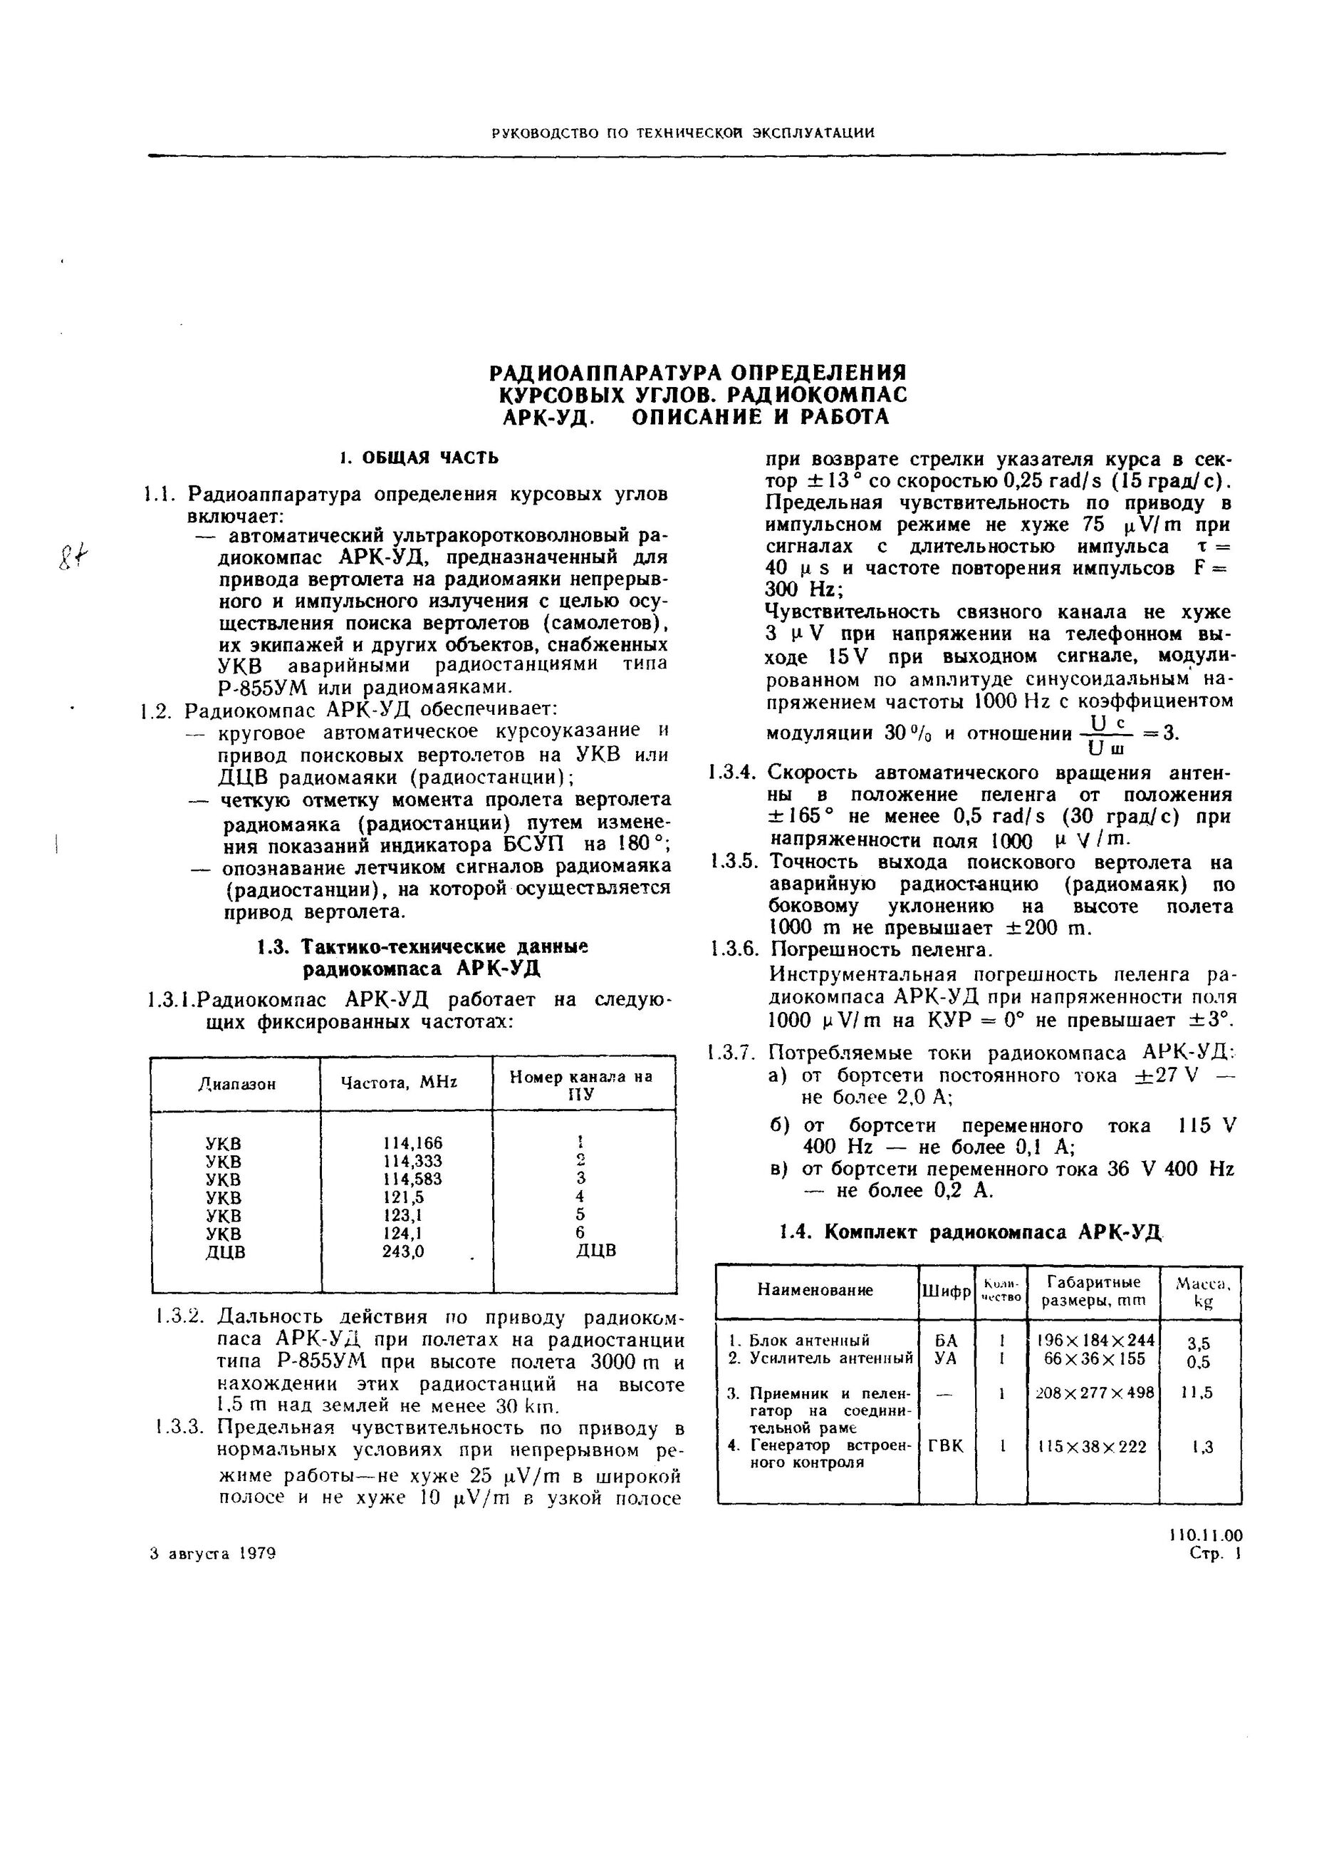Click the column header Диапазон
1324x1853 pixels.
(x=236, y=1084)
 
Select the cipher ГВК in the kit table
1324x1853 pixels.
(x=946, y=1446)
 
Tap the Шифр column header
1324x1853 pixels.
(x=946, y=1292)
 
